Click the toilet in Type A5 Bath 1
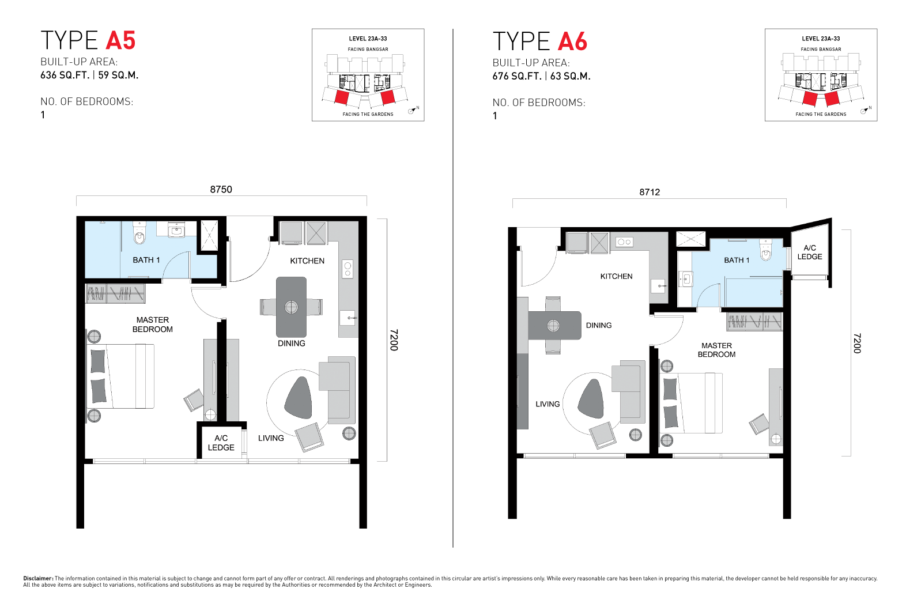click(139, 233)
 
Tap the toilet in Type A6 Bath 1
click(765, 250)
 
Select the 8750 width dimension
click(221, 190)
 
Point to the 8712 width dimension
click(650, 192)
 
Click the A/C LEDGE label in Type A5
click(221, 443)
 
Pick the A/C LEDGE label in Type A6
click(809, 252)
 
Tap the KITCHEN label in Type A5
click(307, 261)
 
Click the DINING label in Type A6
click(599, 325)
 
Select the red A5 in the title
click(120, 40)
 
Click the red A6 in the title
click(572, 42)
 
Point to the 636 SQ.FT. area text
click(65, 76)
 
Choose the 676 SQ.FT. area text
click(517, 77)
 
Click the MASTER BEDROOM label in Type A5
click(153, 325)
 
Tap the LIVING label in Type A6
click(548, 404)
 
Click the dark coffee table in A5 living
click(299, 397)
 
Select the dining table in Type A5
click(291, 307)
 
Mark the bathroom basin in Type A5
click(176, 231)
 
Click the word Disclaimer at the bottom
click(38, 579)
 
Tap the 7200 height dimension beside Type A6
click(856, 343)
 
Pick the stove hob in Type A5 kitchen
click(348, 269)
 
